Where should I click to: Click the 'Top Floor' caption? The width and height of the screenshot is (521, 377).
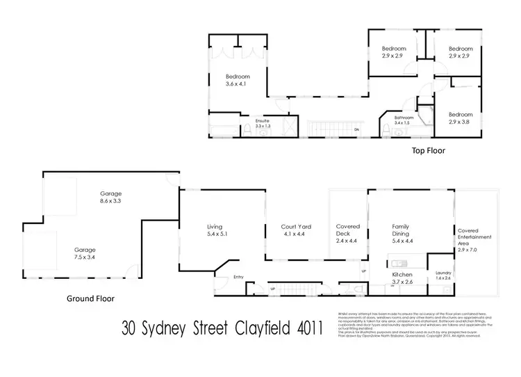[x=428, y=150]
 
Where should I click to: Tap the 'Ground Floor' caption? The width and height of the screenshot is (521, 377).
[x=90, y=298]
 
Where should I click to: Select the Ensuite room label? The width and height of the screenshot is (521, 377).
[x=263, y=123]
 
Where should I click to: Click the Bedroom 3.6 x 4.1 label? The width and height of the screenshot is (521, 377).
[x=237, y=80]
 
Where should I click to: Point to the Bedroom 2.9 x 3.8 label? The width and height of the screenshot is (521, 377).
[x=460, y=118]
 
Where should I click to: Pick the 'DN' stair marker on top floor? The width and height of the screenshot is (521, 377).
[x=356, y=130]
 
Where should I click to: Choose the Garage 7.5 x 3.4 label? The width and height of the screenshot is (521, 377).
[x=85, y=252]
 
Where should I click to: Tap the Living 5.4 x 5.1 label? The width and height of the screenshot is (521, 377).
[x=217, y=230]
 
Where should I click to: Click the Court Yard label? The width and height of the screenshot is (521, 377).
[x=293, y=230]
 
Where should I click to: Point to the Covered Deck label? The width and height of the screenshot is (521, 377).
[x=347, y=230]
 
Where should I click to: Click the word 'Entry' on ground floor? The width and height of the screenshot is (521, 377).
[x=238, y=277]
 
